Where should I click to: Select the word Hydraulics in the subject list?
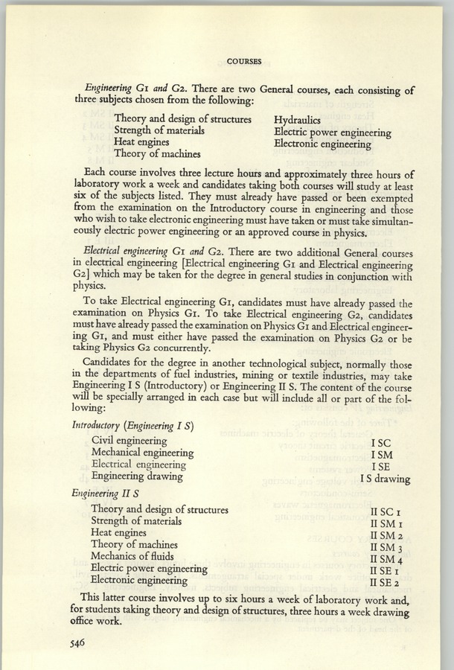tap(297, 119)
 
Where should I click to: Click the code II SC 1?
tap(386, 510)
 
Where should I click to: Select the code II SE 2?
tap(386, 581)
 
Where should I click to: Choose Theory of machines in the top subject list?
tap(158, 154)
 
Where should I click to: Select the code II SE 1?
tap(386, 569)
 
